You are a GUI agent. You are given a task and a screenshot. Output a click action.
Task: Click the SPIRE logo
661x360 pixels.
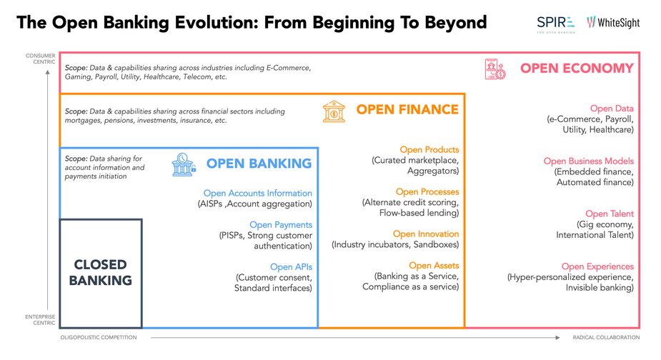[556, 24]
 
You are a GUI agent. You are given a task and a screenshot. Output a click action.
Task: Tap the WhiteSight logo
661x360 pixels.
[613, 23]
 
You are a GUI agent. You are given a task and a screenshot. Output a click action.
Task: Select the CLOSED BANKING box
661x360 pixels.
[101, 273]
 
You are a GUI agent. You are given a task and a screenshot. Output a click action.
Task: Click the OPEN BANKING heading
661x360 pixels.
[259, 164]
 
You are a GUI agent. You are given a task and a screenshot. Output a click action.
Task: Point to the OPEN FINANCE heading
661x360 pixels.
[407, 109]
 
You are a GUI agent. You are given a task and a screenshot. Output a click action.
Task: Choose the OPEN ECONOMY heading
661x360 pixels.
[577, 69]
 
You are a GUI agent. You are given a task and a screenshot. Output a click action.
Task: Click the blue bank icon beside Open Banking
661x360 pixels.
[184, 164]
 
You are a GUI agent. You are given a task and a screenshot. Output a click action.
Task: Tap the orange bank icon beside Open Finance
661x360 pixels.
[334, 111]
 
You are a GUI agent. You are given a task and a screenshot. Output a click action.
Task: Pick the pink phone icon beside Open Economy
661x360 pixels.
[495, 69]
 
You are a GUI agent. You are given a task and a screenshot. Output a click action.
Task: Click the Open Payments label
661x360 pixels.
[281, 225]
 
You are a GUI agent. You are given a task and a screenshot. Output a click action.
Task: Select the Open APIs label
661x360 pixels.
[292, 267]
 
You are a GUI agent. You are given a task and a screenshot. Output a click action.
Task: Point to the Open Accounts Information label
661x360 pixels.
[257, 193]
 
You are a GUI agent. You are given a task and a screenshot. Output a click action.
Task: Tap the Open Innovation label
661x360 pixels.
[426, 234]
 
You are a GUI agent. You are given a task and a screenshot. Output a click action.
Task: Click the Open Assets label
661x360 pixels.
[434, 266]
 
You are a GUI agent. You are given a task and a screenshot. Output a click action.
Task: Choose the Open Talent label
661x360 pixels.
[610, 214]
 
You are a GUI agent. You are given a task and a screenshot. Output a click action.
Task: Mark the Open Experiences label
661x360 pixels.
[597, 266]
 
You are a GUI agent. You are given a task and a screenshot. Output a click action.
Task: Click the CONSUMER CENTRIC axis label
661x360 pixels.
[41, 59]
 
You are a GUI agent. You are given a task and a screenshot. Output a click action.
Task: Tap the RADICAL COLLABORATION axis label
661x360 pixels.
[606, 337]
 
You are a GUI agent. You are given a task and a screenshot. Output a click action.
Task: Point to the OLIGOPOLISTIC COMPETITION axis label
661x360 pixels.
[99, 337]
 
